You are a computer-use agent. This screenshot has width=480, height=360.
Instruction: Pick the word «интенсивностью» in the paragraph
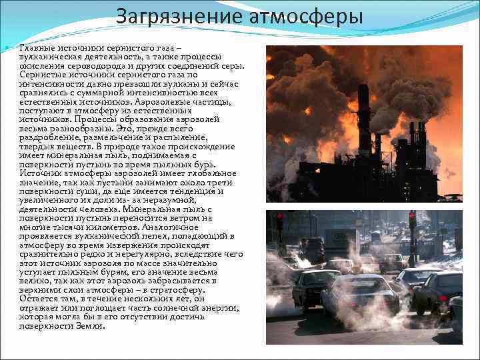(172, 90)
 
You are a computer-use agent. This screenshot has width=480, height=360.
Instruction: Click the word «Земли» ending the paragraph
(91, 326)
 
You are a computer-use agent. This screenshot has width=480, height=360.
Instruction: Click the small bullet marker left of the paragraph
(5, 51)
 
